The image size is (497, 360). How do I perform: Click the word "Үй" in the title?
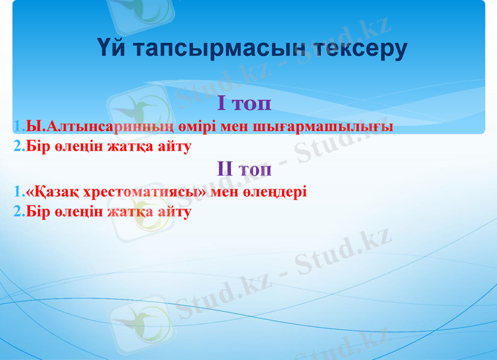click(x=111, y=48)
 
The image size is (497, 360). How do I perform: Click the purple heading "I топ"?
click(x=244, y=104)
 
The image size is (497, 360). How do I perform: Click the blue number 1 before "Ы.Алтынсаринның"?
click(x=17, y=127)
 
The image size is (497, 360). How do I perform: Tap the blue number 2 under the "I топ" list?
click(x=17, y=147)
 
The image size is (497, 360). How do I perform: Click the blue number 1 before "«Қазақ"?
click(x=17, y=192)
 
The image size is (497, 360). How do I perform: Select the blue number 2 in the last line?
click(x=17, y=212)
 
